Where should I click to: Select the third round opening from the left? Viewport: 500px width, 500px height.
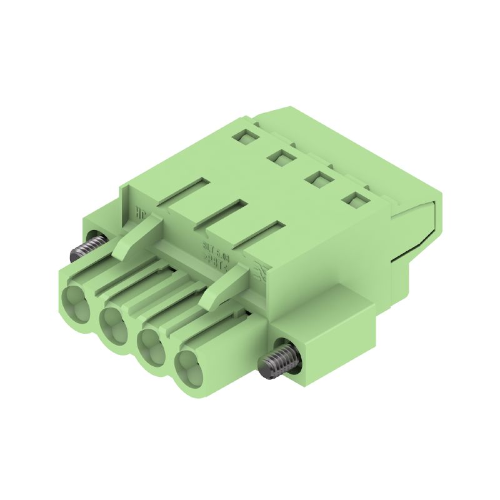[x=151, y=344]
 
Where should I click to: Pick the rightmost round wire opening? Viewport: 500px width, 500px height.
[x=188, y=367]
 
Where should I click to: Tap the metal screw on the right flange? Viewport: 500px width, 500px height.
[x=277, y=361]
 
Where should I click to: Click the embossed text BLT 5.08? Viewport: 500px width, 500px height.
[x=217, y=245]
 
